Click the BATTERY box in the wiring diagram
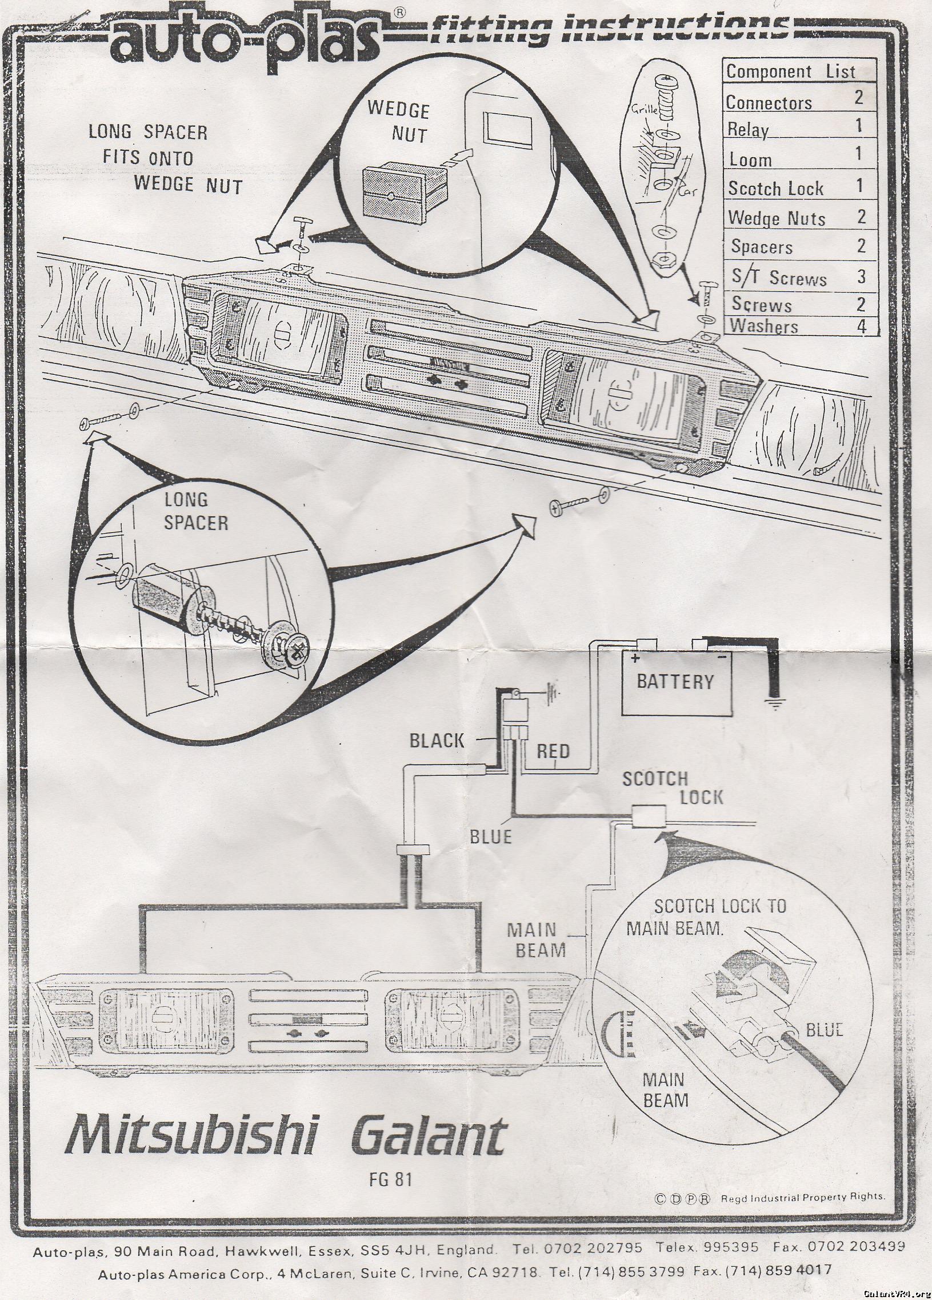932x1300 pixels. pos(675,682)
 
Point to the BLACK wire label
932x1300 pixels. pos(436,741)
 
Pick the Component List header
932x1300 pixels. pos(790,71)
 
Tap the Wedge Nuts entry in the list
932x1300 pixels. pos(776,218)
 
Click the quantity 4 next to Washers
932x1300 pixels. pos(860,327)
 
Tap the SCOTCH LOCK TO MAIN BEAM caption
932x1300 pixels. pos(706,917)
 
